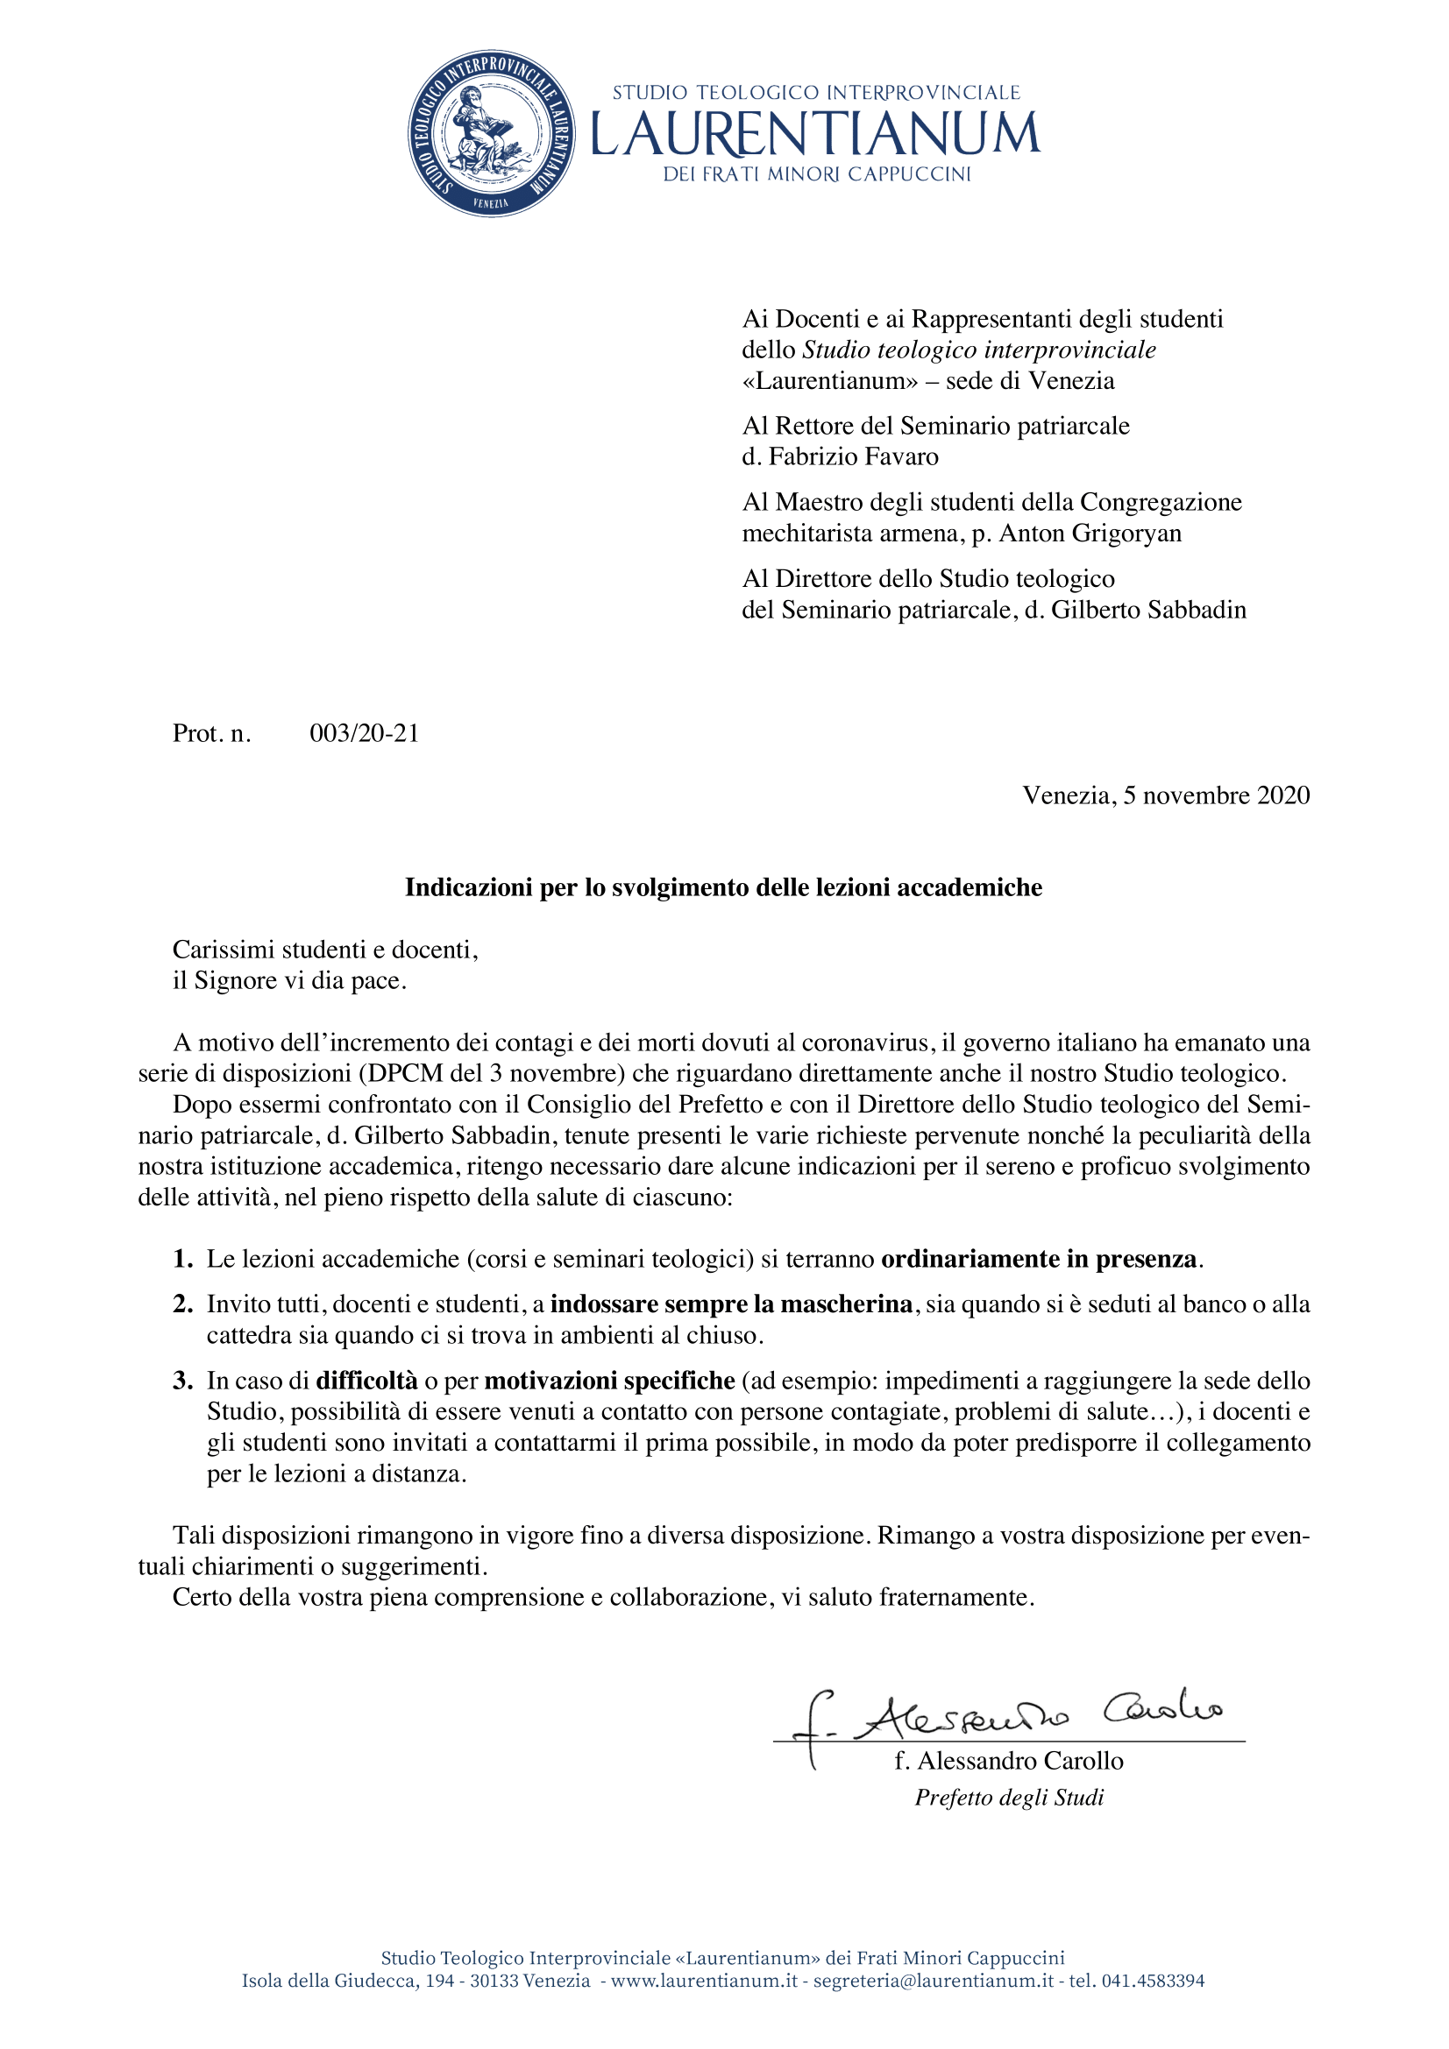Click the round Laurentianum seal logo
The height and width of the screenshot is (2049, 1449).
coord(491,134)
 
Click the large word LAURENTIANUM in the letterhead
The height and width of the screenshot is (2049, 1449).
coord(815,134)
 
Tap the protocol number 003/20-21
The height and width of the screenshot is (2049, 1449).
coord(365,733)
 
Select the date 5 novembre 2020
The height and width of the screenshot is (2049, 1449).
coord(1216,795)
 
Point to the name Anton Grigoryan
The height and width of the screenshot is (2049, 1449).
coord(1090,533)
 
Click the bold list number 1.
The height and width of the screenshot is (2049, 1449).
coord(182,1259)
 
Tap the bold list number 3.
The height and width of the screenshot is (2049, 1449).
coord(182,1381)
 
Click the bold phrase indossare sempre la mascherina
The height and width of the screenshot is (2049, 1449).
coord(731,1304)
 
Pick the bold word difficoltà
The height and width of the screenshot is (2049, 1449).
coord(367,1381)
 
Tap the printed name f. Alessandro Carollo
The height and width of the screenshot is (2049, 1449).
coord(1009,1761)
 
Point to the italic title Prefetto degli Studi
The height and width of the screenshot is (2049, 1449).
coord(1009,1798)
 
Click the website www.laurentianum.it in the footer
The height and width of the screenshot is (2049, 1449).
coord(704,1982)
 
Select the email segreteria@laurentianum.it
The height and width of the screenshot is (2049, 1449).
coord(933,1982)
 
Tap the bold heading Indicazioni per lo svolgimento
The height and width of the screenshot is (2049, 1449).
coord(723,887)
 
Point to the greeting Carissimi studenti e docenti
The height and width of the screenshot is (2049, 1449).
coord(325,950)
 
